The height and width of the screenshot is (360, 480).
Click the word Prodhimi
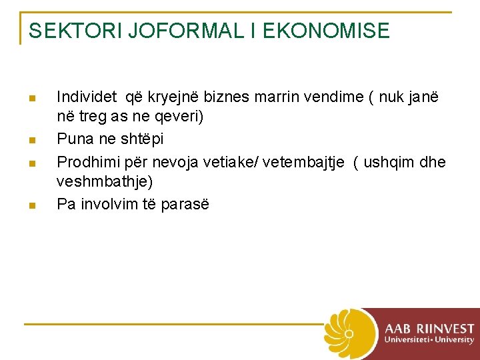point(85,161)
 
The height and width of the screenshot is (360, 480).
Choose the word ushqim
point(390,161)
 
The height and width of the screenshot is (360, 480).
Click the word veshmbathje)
point(105,181)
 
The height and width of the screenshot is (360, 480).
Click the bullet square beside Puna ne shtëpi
point(31,140)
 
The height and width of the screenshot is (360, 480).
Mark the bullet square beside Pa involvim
point(31,205)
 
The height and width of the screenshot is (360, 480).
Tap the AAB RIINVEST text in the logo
point(429,329)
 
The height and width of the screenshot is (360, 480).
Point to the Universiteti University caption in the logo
point(429,340)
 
